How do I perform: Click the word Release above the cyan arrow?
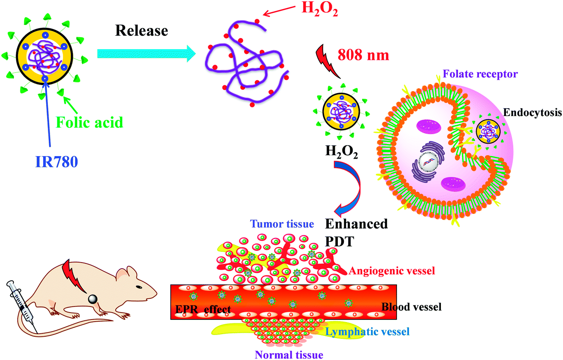click(x=142, y=31)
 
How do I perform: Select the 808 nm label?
click(x=363, y=55)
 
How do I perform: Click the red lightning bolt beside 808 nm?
click(x=327, y=61)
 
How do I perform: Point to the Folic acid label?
click(x=89, y=122)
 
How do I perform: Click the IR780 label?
click(x=57, y=162)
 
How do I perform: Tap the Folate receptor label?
click(x=480, y=74)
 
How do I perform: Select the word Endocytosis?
click(x=532, y=112)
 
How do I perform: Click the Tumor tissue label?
click(x=282, y=224)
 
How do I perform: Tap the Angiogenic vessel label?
click(x=392, y=271)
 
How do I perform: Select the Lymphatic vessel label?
click(x=368, y=332)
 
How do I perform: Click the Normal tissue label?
click(x=289, y=355)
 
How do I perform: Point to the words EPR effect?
click(x=203, y=309)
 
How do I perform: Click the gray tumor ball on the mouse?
click(x=92, y=298)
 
